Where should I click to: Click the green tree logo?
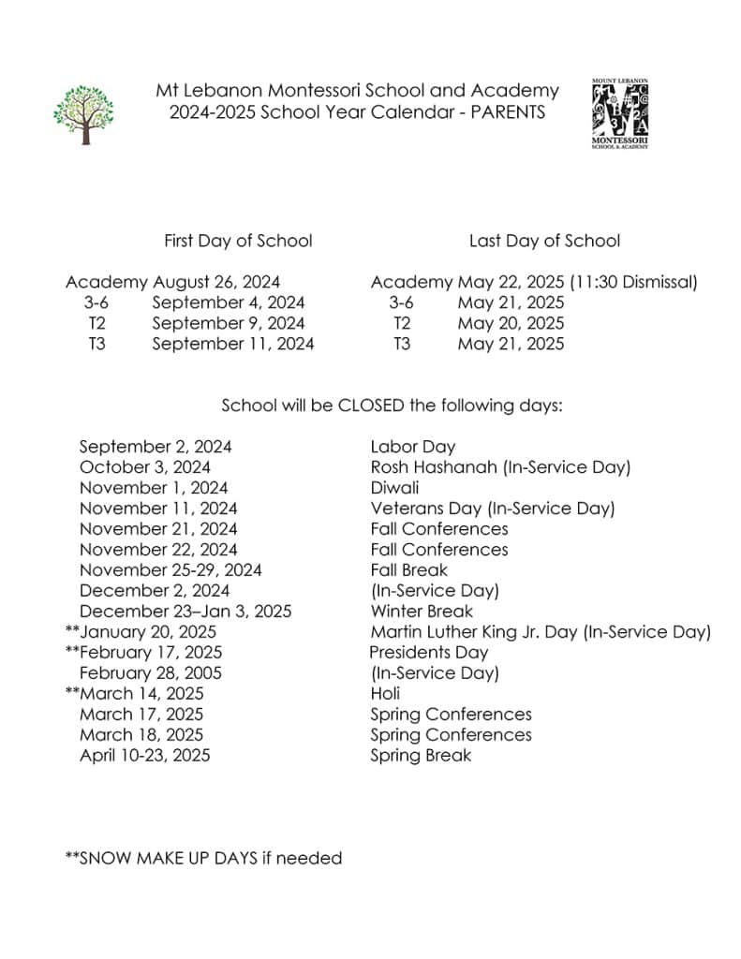coord(83,114)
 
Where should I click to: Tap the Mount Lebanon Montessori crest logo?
coord(620,112)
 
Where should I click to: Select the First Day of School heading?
coord(238,241)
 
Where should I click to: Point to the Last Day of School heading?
coord(544,241)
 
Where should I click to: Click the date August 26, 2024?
coord(216,282)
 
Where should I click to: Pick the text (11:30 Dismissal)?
coord(633,282)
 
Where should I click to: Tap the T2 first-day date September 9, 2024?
coord(228,323)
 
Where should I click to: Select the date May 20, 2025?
coord(511,323)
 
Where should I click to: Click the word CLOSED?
coord(371,406)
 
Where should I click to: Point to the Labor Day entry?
coord(412,447)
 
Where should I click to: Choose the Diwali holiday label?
coord(394,488)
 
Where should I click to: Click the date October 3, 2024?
coord(145,467)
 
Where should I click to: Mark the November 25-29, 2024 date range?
coord(170,570)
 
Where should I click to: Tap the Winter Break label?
coord(422,612)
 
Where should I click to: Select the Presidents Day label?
coord(428,653)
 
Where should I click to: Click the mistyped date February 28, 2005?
coord(151,673)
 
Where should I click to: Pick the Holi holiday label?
coord(385,694)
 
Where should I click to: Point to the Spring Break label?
coord(421,756)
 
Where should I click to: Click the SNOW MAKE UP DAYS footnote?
coord(203,858)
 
